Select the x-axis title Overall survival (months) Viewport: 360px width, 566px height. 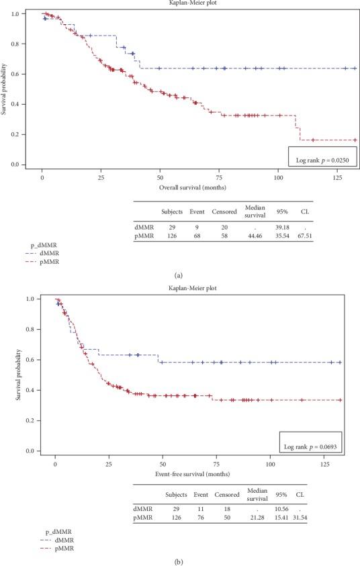[x=192, y=188]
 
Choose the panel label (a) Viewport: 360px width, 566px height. [x=179, y=275]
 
